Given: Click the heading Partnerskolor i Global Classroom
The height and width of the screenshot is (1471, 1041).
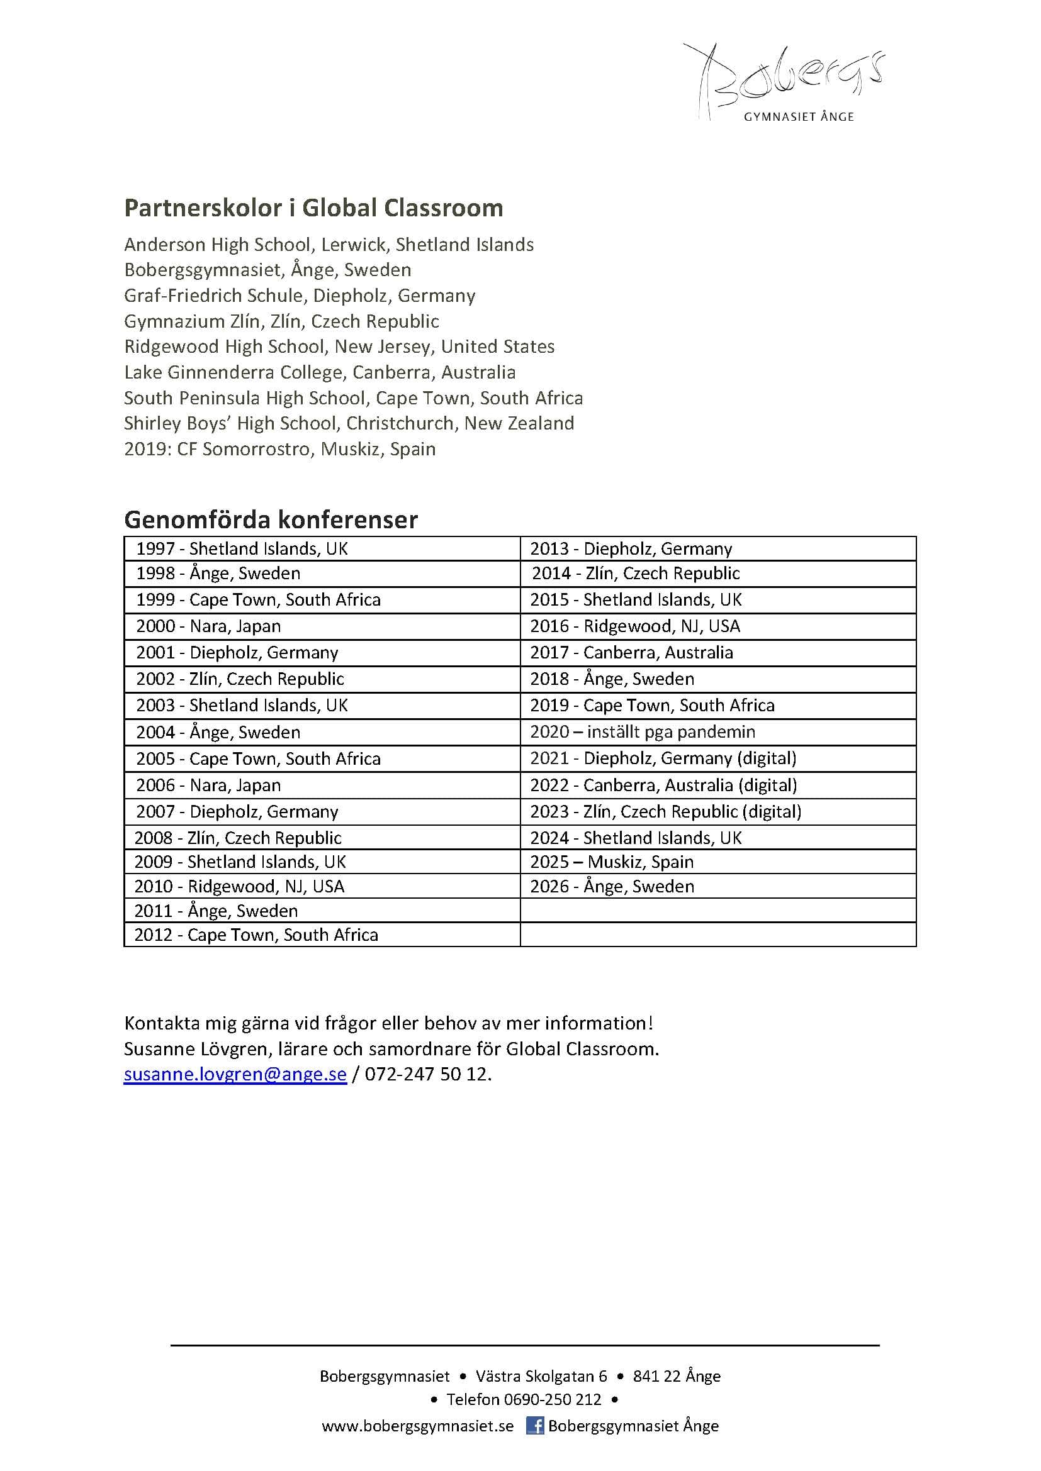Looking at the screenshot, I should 313,208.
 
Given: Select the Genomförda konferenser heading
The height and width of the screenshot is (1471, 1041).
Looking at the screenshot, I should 271,519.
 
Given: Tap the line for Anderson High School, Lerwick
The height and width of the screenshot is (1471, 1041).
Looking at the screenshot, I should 329,245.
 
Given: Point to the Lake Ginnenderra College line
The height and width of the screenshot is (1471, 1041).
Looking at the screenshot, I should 320,372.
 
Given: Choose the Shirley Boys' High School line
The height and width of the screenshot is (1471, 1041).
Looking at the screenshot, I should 349,423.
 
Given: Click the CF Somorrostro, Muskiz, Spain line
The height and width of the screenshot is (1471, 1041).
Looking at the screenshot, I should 280,449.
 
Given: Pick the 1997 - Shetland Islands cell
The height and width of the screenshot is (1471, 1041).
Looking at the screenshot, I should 242,548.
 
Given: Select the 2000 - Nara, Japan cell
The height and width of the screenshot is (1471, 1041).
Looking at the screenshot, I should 208,626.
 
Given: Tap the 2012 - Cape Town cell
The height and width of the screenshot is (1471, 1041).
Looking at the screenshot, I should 256,935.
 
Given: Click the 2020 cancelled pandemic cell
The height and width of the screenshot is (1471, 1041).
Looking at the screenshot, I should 643,731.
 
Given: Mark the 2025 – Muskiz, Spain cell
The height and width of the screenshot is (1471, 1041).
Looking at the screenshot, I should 612,862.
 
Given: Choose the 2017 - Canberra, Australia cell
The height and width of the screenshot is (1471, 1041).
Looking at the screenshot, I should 631,652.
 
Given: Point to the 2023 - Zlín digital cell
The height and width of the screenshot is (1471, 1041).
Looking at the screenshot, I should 665,812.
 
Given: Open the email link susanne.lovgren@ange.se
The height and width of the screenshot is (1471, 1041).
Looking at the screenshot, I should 235,1074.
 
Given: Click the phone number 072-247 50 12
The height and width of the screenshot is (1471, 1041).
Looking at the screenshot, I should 427,1074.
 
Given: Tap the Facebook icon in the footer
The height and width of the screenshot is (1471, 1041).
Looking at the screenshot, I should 534,1426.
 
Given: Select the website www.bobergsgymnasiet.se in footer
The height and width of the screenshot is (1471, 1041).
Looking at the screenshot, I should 417,1426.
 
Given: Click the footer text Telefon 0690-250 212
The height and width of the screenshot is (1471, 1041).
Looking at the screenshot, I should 524,1399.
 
